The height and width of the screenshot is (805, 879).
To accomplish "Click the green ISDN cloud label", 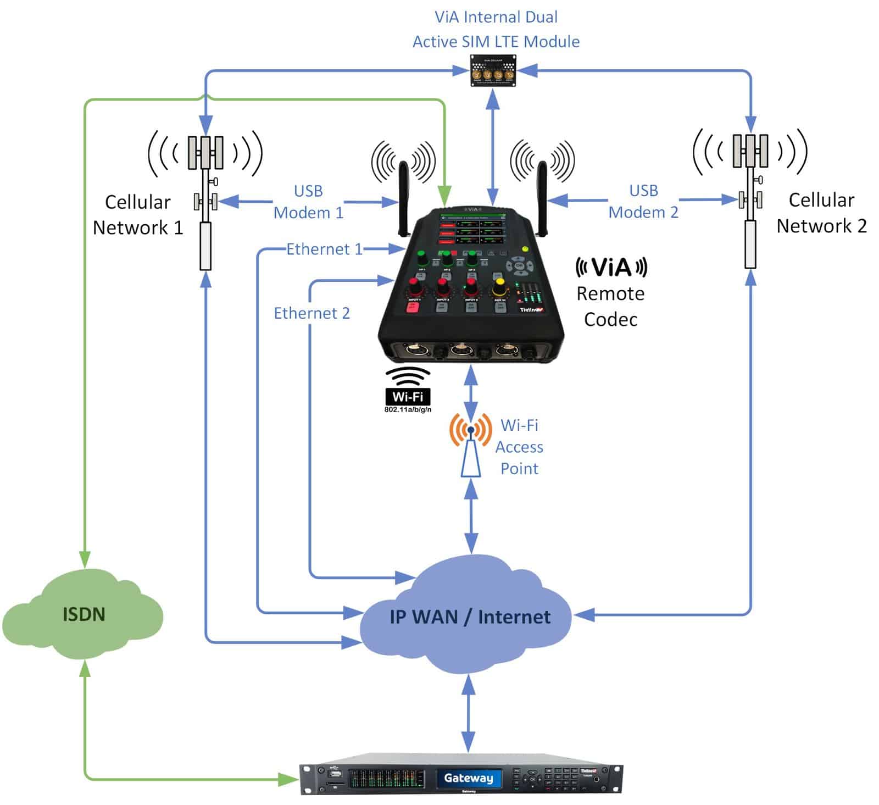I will click(84, 614).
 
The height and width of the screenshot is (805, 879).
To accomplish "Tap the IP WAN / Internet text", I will click(470, 617).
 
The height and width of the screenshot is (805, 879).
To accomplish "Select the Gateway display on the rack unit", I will click(469, 778).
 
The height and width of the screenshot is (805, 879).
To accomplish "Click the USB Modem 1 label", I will click(308, 202).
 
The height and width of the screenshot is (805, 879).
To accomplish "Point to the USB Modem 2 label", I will click(643, 201).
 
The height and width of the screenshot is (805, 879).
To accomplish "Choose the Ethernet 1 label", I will click(324, 249).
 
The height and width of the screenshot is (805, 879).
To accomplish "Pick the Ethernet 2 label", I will click(311, 313).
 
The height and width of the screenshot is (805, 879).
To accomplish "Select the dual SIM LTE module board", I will click(493, 71).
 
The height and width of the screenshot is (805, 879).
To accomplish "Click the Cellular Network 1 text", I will click(137, 214).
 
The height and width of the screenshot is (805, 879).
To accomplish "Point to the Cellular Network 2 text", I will click(821, 213).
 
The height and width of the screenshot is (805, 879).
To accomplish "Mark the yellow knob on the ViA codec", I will click(499, 286).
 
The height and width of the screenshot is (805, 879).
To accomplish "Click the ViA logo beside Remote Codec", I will click(611, 268).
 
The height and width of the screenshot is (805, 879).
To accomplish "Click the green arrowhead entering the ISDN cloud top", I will click(84, 559).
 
